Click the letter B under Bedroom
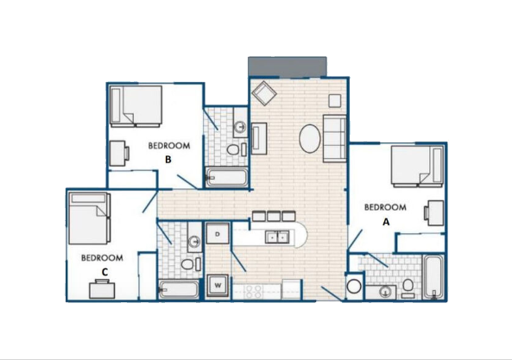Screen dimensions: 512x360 pyautogui.click(x=168, y=160)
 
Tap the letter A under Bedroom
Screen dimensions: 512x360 pyautogui.click(x=386, y=222)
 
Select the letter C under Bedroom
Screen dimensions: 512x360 pyautogui.click(x=104, y=272)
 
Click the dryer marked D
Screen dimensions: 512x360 pyautogui.click(x=218, y=233)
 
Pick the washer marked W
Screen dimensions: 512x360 pyautogui.click(x=218, y=285)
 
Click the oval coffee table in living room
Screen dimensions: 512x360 pyautogui.click(x=310, y=138)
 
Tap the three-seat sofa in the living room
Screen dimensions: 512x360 pyautogui.click(x=334, y=138)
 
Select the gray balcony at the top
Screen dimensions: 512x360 pyautogui.click(x=288, y=67)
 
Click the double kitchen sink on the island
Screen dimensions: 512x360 pyautogui.click(x=277, y=237)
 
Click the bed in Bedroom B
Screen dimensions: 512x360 pyautogui.click(x=136, y=106)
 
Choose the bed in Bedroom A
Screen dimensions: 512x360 pyautogui.click(x=417, y=166)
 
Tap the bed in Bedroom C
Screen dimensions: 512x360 pyautogui.click(x=90, y=218)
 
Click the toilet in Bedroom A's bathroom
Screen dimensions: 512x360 pyautogui.click(x=408, y=288)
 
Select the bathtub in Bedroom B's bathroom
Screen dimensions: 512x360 pyautogui.click(x=226, y=178)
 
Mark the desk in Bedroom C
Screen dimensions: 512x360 pyautogui.click(x=102, y=289)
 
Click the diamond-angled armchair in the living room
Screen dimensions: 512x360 pyautogui.click(x=264, y=93)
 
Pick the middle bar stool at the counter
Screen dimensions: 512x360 pyautogui.click(x=274, y=216)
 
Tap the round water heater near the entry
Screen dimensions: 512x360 pyautogui.click(x=354, y=287)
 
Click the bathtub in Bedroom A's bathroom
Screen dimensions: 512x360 pyautogui.click(x=433, y=277)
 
